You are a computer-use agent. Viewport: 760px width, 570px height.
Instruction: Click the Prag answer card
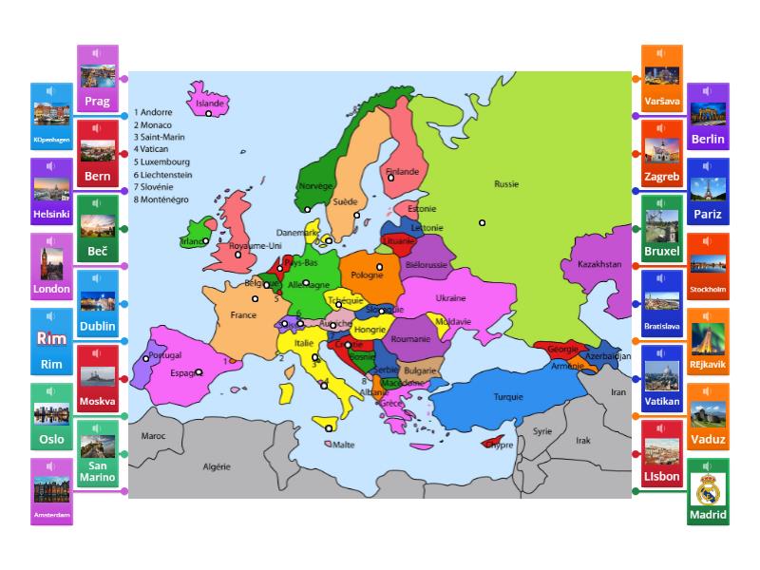click(x=97, y=79)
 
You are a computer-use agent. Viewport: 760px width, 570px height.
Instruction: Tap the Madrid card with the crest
click(x=708, y=492)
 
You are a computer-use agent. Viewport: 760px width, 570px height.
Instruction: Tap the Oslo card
click(x=51, y=417)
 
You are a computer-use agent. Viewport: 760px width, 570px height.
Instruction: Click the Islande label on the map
click(x=209, y=103)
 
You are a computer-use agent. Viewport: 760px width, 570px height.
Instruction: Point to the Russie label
click(x=507, y=184)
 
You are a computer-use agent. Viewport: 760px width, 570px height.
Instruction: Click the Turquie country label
click(x=508, y=397)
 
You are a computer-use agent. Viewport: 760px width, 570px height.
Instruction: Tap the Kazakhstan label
click(x=598, y=264)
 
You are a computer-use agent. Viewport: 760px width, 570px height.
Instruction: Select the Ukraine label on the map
click(x=451, y=297)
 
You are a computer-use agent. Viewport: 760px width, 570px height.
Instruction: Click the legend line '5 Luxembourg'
click(x=162, y=161)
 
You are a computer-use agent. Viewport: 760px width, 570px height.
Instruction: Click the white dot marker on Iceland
click(x=209, y=114)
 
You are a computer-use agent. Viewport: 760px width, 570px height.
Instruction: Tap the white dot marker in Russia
click(x=483, y=223)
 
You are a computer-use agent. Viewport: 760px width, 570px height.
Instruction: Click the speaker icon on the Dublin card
click(x=98, y=279)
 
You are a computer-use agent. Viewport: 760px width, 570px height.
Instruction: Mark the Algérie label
click(x=218, y=466)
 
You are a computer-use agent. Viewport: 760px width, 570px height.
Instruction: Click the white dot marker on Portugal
click(x=146, y=358)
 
